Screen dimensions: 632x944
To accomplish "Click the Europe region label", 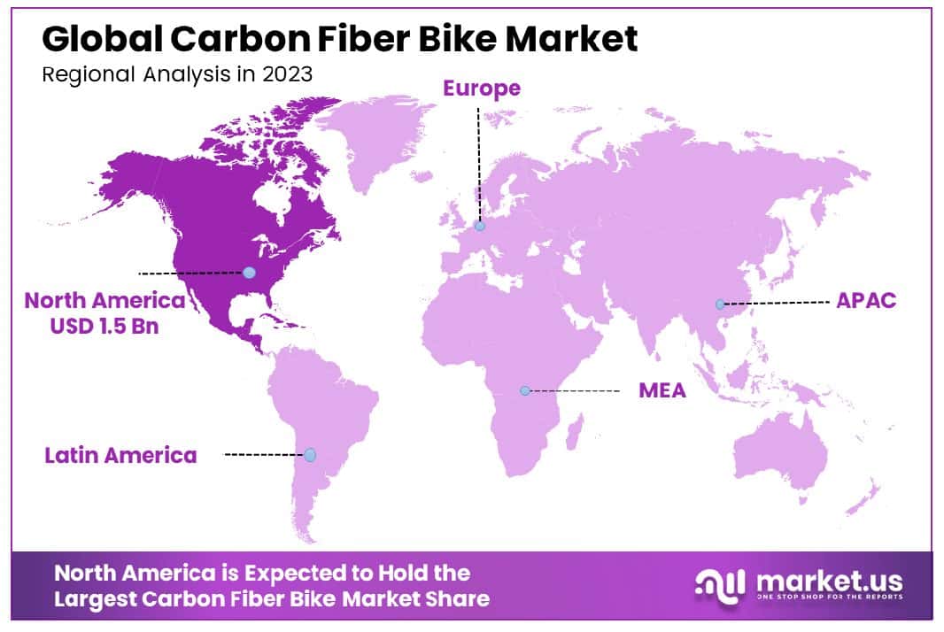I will click(482, 89).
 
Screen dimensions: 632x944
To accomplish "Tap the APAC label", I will click(866, 300).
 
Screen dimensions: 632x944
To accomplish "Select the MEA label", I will click(662, 390).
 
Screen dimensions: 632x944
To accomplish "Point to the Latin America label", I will click(120, 455).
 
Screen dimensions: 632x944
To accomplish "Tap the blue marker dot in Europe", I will click(480, 226).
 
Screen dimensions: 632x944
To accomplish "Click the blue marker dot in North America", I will click(250, 274).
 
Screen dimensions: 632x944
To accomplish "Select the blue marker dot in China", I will click(721, 304).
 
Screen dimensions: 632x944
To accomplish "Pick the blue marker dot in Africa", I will click(525, 390).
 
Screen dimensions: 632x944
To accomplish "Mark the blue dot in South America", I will click(310, 455).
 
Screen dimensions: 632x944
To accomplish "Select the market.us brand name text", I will click(829, 582).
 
